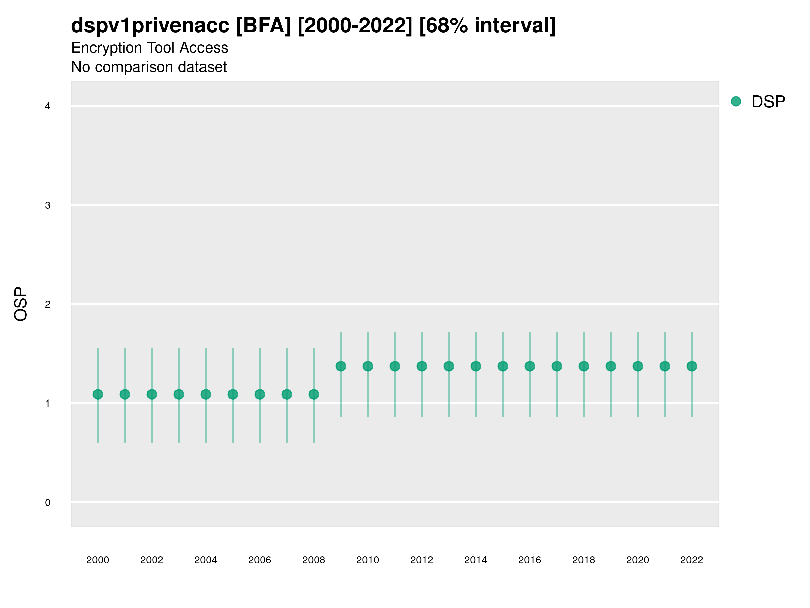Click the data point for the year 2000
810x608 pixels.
click(x=98, y=394)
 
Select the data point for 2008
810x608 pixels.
click(x=314, y=394)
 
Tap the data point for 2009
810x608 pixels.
click(x=341, y=366)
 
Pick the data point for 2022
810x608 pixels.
click(x=692, y=366)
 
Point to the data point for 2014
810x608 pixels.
click(x=476, y=366)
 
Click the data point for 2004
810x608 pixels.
click(x=206, y=394)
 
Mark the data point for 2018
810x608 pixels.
click(x=584, y=366)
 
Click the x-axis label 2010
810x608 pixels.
click(x=368, y=560)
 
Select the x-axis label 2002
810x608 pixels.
click(x=152, y=560)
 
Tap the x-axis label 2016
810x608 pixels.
click(x=530, y=560)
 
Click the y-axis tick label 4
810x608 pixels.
click(x=48, y=106)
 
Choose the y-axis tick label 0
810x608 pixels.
click(x=48, y=503)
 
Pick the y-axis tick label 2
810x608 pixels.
click(x=48, y=304)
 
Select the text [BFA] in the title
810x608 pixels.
click(x=263, y=25)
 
